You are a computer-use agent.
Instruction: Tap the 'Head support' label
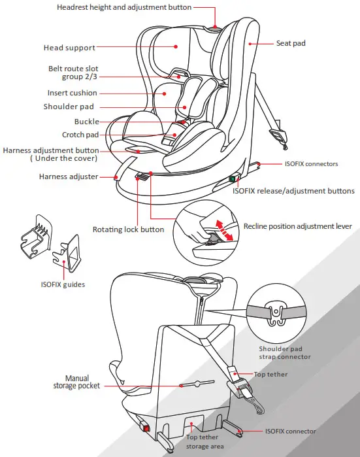[69, 48]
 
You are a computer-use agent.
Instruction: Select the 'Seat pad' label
[291, 44]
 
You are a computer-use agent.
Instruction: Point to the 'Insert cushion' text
[72, 93]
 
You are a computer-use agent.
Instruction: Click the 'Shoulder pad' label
[69, 107]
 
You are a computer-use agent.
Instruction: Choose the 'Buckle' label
[86, 122]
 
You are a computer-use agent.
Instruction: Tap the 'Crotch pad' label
[80, 135]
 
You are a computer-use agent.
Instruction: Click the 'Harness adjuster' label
[69, 177]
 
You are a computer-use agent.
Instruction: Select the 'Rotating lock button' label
[128, 229]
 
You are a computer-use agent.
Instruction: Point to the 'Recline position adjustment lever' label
[297, 226]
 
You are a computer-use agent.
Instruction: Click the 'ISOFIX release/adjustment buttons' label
[293, 191]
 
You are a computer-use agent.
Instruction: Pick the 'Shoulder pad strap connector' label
[284, 353]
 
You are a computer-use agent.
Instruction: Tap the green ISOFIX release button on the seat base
[231, 179]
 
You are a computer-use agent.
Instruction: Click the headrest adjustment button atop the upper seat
[216, 28]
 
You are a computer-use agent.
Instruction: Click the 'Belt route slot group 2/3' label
[73, 73]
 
